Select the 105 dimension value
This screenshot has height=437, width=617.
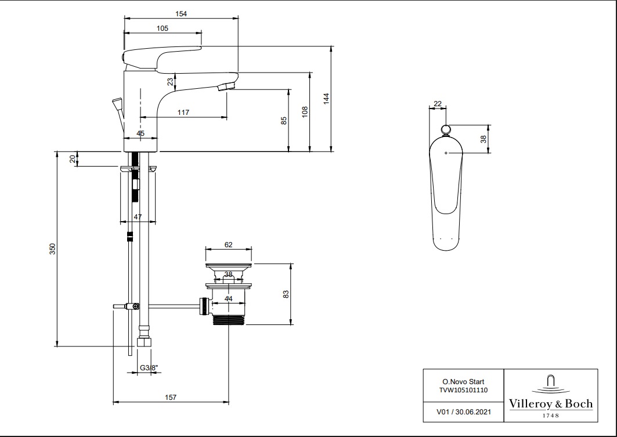[x=162, y=28]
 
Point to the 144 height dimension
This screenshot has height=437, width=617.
[x=326, y=98]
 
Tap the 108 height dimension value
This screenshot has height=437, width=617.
[x=305, y=111]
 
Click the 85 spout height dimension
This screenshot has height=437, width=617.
[x=283, y=121]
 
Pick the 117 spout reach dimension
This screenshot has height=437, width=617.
[x=183, y=113]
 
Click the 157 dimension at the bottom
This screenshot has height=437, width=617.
[x=170, y=398]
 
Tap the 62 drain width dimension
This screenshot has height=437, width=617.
[x=228, y=245]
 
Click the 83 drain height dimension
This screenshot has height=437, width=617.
[x=286, y=294]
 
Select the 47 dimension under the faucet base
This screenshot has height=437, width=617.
[x=138, y=216]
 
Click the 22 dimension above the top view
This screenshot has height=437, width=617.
[x=438, y=103]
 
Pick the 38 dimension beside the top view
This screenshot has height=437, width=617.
[x=484, y=139]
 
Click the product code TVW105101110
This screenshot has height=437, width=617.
[x=463, y=390]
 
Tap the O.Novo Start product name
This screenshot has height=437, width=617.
[x=463, y=381]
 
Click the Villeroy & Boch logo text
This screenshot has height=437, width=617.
[x=550, y=403]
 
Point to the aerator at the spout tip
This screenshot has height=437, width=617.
[x=226, y=88]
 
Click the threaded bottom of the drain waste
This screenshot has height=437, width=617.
[x=230, y=319]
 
